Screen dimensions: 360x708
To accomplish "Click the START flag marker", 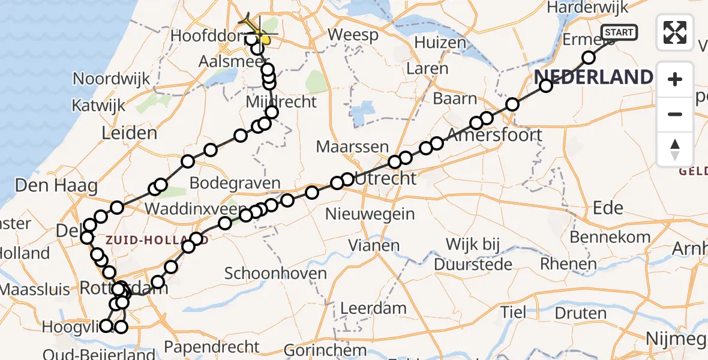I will tap(619, 32).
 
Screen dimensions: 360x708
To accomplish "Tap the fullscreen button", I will tap(675, 32).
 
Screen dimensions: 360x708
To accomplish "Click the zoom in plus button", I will tap(675, 79).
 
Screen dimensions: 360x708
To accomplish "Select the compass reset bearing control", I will tap(675, 149).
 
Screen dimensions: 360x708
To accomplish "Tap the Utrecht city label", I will tap(385, 179).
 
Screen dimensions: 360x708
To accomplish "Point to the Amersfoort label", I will tap(495, 134).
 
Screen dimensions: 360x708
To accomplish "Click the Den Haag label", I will tap(56, 185).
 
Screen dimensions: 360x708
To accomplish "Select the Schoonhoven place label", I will tap(275, 274).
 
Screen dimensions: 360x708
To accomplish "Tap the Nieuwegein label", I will tap(370, 214).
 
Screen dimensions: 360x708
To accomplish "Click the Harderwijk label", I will tap(587, 8).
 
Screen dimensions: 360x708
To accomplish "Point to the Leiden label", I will tap(130, 133).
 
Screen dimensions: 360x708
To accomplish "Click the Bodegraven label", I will tap(235, 183).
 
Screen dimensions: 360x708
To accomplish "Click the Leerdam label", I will tap(373, 309).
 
